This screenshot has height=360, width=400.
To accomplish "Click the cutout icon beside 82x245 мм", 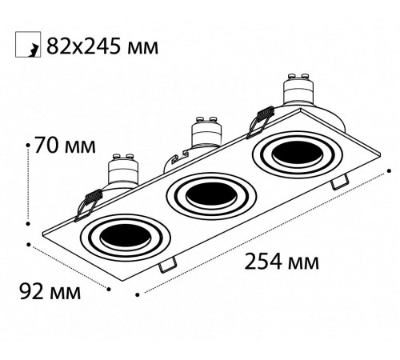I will point(26,47).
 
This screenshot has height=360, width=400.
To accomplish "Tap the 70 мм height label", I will point(66,146).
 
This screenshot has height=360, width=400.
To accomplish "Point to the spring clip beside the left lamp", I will point(88,202).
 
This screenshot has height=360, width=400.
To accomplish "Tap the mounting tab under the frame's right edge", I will point(340,182).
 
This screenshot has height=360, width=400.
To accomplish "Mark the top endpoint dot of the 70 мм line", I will point(30,143).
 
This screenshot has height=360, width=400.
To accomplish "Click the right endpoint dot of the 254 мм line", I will point(388,170).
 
